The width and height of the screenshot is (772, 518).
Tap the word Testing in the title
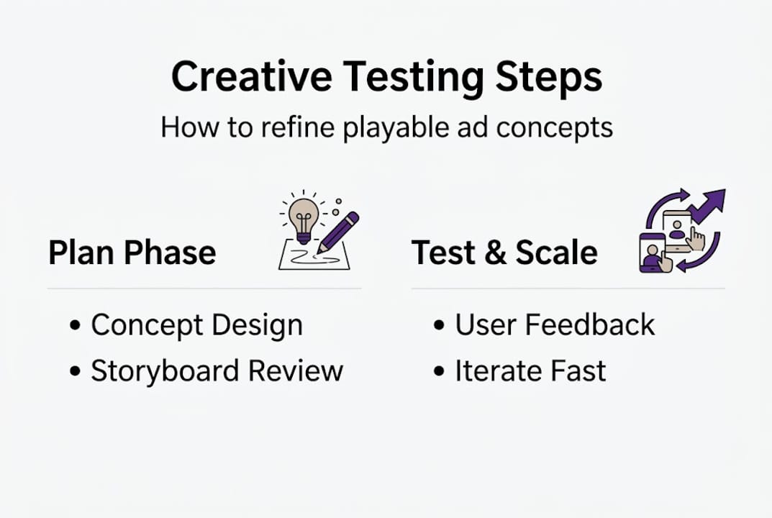412,78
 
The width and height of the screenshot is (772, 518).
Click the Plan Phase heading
132,253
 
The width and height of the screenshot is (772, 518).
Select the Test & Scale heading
504,253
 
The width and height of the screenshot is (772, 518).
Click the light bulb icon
303,217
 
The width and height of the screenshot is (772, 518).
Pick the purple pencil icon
337,232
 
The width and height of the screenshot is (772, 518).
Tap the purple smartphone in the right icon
650,253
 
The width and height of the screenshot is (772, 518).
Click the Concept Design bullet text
196,325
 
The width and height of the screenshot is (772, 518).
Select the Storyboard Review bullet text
217,371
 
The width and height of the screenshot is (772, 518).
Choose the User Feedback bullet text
555,325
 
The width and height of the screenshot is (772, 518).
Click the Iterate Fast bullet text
530,371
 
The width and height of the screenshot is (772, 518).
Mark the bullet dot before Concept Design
76,326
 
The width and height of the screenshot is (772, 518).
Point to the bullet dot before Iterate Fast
440,372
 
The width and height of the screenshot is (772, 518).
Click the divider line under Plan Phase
204,288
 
